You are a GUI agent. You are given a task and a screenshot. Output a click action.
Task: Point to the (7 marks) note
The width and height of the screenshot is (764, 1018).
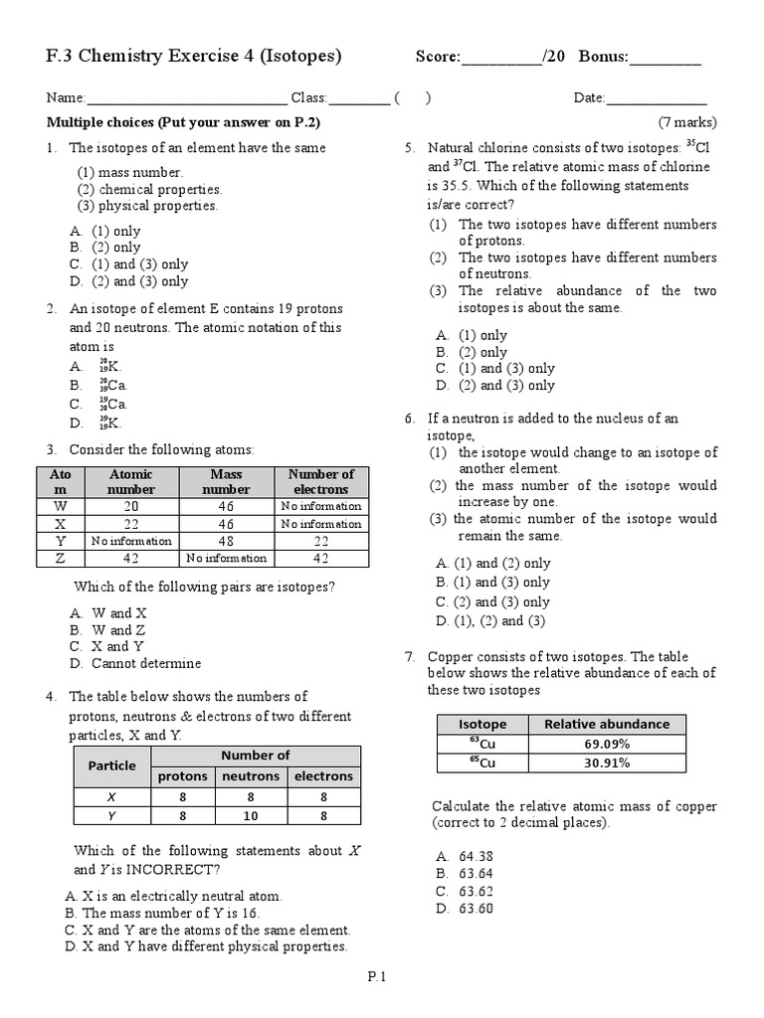686,122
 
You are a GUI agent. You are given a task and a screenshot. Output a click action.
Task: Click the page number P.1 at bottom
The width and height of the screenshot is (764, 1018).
376,976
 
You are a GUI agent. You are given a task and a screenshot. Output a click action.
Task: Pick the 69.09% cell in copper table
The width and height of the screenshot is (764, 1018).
607,744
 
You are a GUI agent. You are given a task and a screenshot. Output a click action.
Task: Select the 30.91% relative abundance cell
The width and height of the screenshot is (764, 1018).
607,763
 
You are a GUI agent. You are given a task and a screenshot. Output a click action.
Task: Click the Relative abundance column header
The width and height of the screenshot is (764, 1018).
607,724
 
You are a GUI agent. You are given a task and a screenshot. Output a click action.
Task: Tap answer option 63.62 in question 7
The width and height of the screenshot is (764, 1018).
477,891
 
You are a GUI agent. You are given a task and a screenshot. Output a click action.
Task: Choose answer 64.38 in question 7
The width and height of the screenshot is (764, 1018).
477,856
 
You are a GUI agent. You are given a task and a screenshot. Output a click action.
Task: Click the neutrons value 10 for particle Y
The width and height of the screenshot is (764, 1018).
250,816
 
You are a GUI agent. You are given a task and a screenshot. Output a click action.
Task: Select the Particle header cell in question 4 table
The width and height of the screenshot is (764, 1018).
111,765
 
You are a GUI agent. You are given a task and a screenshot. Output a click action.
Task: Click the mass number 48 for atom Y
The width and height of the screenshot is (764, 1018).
226,541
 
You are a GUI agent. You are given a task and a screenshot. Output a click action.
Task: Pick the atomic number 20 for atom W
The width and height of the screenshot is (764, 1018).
131,506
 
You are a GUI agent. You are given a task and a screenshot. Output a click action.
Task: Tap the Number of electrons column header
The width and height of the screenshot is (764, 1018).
320,482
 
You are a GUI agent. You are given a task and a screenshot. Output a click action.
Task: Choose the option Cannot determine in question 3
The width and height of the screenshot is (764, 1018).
145,663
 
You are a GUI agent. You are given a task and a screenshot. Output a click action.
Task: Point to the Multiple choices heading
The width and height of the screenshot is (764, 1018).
183,122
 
